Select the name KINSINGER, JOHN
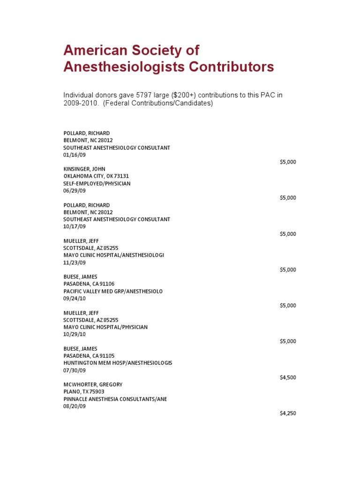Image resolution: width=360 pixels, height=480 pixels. tap(84, 169)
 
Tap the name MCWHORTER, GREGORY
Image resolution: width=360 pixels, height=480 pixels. tap(93, 384)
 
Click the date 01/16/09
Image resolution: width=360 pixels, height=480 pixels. tap(75, 155)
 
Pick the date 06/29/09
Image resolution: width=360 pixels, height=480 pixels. tap(75, 191)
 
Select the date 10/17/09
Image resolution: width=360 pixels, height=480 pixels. tap(75, 226)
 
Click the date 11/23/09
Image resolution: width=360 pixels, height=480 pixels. tap(75, 262)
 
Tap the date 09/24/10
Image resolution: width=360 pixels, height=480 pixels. tap(75, 298)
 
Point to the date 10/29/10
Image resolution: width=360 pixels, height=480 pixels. tap(75, 334)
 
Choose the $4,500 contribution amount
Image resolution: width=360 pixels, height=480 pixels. tap(288, 377)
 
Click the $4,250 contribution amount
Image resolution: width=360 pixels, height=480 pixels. tap(288, 413)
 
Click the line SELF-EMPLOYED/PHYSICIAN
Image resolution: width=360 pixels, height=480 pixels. tap(97, 183)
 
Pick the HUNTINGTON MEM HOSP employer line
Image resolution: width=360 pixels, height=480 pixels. tap(118, 363)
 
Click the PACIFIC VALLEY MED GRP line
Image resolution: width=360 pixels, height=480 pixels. tap(113, 291)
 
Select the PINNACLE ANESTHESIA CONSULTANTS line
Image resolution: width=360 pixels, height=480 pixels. tap(115, 399)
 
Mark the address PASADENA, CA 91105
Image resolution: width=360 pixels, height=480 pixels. tap(89, 356)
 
